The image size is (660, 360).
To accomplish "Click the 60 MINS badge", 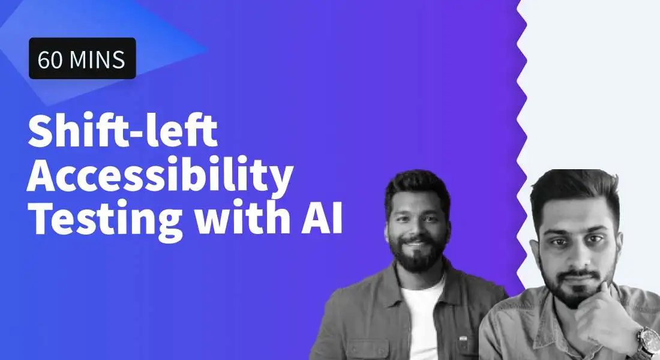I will pos(82,58).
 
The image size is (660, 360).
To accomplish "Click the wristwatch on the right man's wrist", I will pos(648,340).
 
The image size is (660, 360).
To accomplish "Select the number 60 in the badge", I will pos(49,59).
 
